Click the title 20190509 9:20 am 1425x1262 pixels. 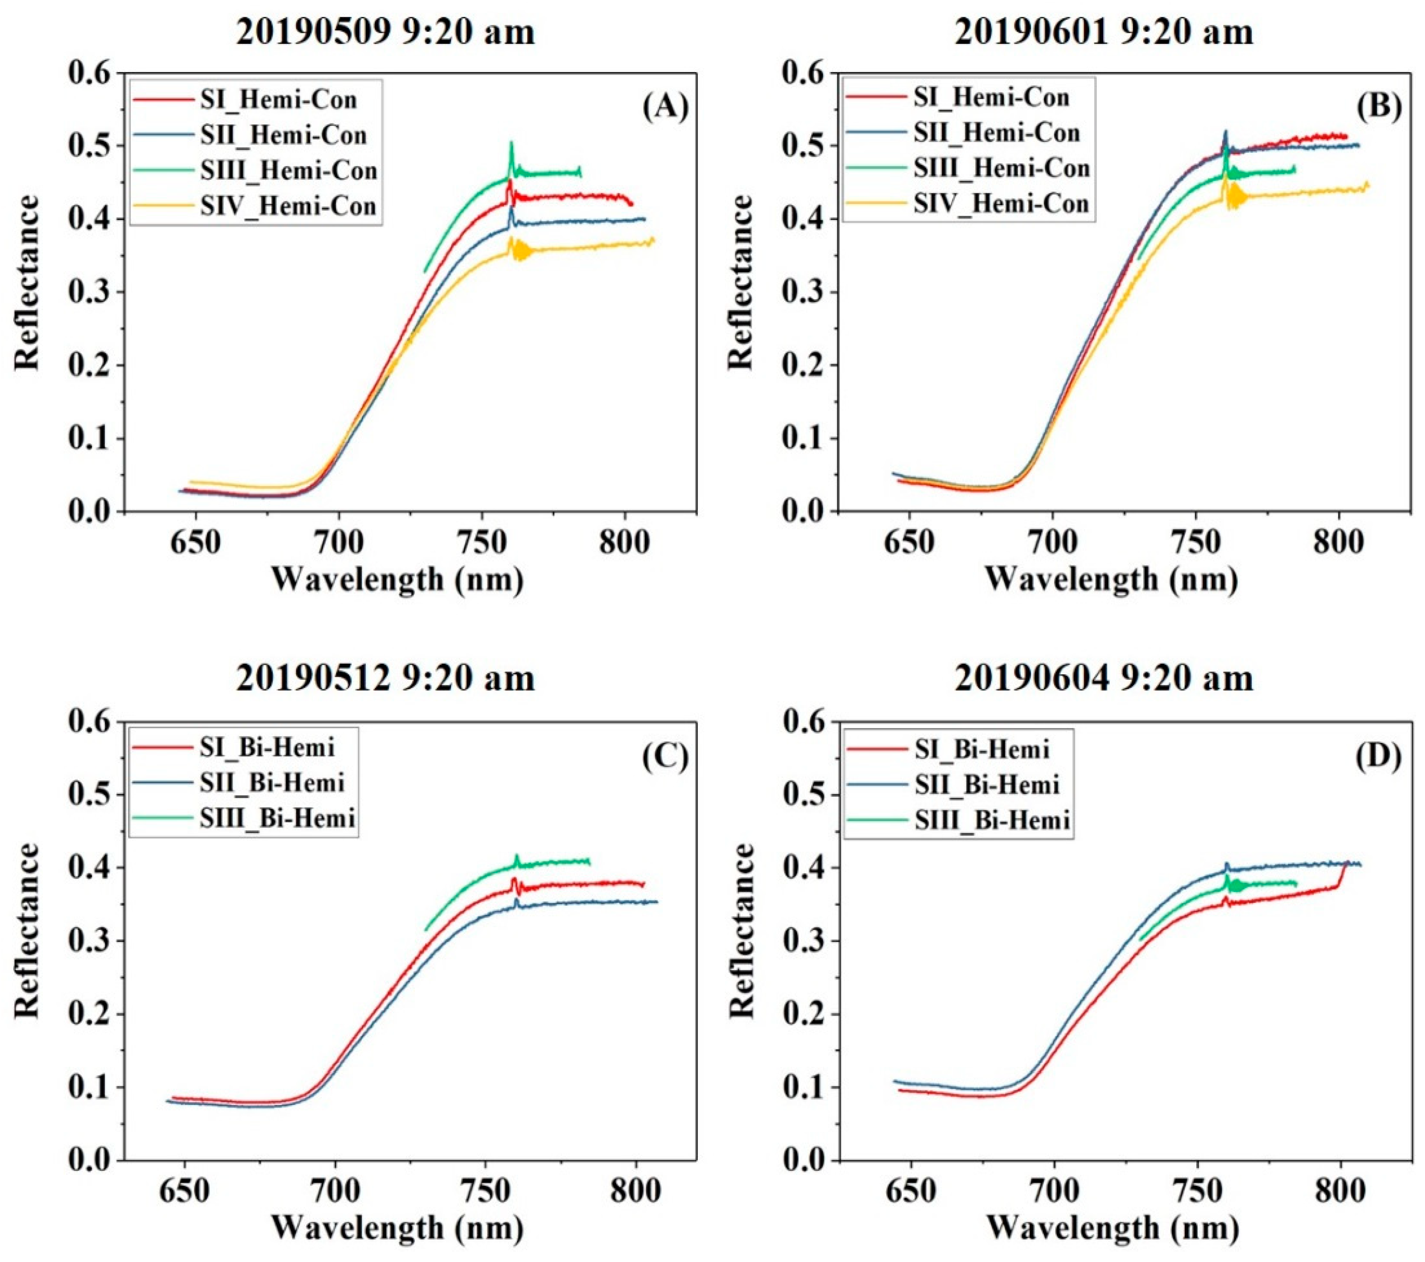point(385,32)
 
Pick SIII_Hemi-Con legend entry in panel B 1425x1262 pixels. point(1001,168)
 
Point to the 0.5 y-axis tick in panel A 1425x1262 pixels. point(94,146)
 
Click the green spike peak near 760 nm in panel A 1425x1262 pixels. point(511,144)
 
